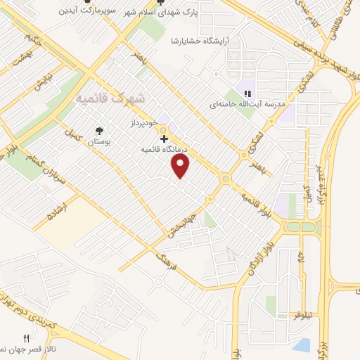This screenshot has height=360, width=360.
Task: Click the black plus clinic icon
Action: tap(164, 139)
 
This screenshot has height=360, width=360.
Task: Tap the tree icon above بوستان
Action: tap(98, 131)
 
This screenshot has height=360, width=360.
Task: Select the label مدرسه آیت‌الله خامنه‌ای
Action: tap(250, 104)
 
